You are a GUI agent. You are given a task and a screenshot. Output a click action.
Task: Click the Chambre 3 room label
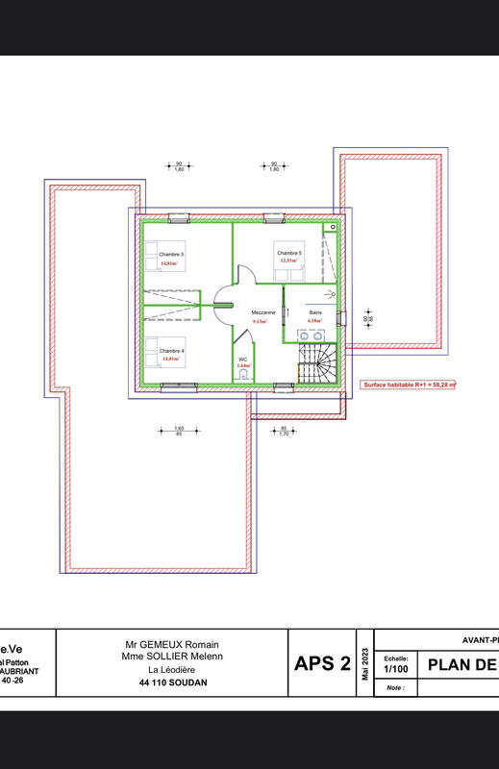tap(171, 254)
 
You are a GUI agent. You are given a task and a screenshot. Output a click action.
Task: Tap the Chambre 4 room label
tap(171, 351)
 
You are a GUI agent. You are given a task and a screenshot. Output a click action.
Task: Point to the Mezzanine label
tap(263, 313)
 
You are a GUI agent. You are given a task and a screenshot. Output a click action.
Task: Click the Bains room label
tap(314, 313)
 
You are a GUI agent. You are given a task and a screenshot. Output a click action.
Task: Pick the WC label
tap(243, 360)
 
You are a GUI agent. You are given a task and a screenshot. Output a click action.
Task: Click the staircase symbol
tap(315, 365)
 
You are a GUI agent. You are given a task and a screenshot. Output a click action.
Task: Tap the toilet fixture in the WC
tap(243, 378)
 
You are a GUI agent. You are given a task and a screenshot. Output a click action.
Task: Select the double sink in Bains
tap(315, 335)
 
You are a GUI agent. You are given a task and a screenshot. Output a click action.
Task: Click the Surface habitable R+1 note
tap(409, 384)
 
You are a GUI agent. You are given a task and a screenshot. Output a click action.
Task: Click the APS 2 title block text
tap(322, 663)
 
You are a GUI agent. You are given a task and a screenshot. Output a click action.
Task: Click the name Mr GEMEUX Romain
tap(173, 644)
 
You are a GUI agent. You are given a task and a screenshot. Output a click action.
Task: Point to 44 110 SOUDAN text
tap(173, 682)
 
